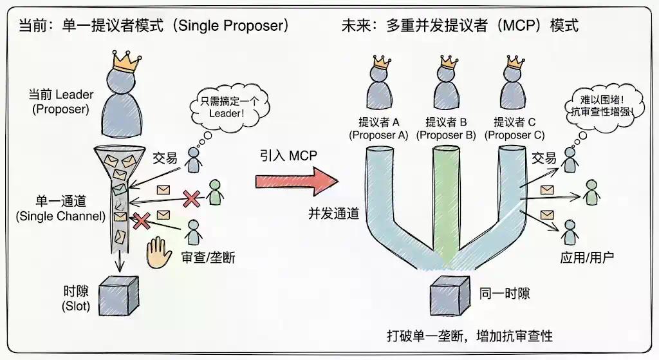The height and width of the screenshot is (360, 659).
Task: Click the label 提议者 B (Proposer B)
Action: (x=446, y=128)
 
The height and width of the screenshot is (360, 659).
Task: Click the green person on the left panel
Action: (x=215, y=192)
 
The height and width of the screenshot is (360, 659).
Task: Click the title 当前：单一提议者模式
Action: (x=151, y=26)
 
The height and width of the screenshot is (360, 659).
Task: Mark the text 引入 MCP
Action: (x=289, y=155)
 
